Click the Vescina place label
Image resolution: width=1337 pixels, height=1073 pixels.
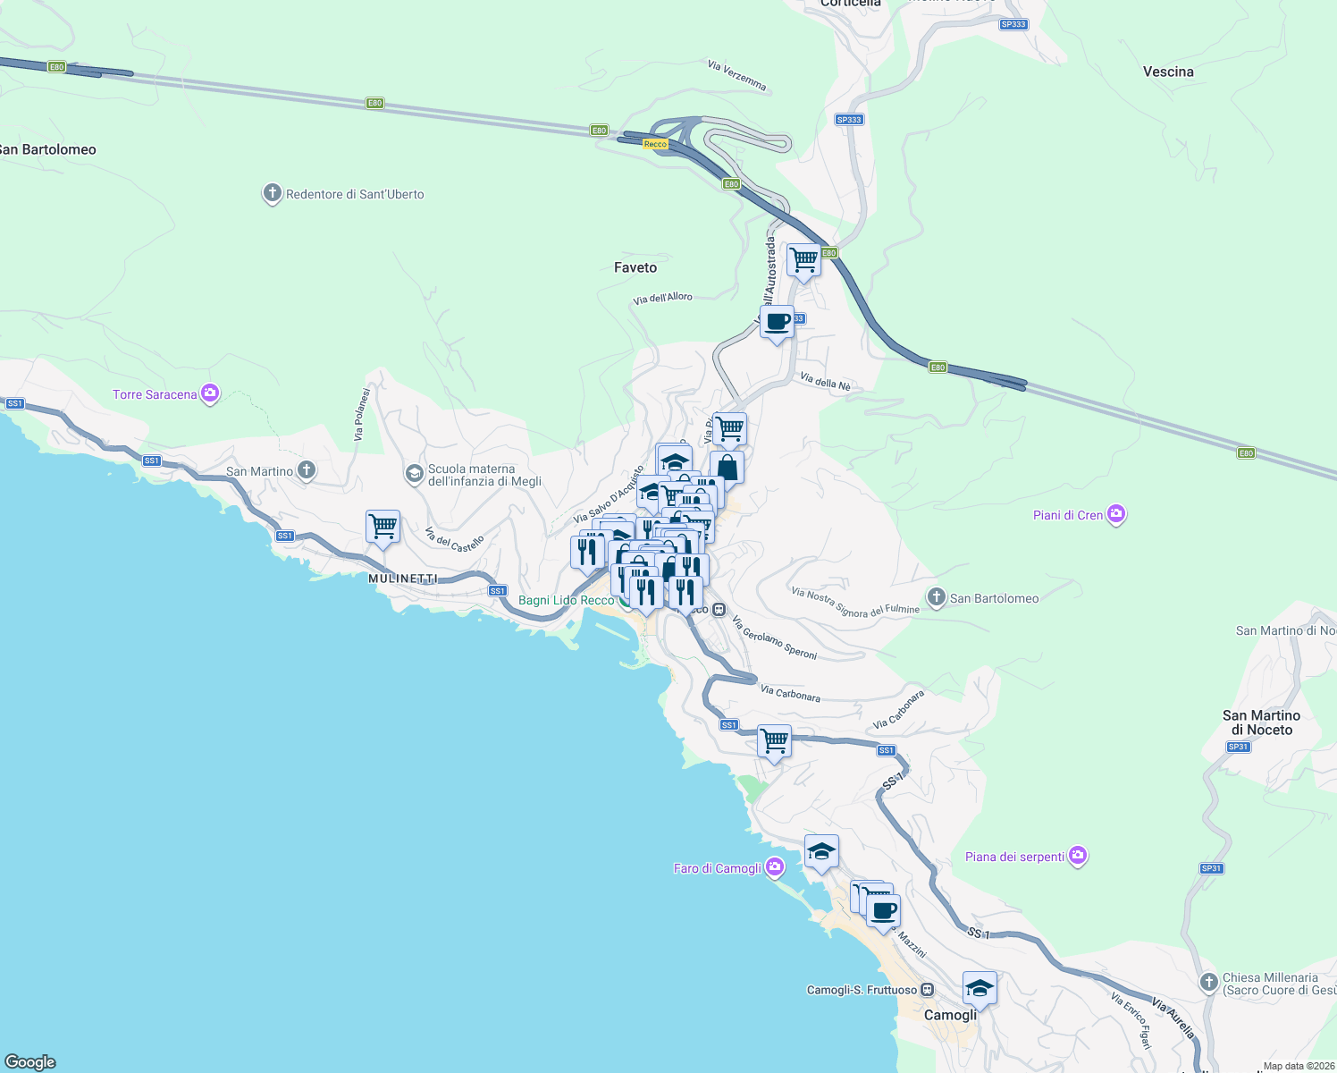(x=1167, y=72)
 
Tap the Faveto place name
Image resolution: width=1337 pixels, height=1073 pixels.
(x=635, y=267)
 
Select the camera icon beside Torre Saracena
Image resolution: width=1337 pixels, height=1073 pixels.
(x=210, y=393)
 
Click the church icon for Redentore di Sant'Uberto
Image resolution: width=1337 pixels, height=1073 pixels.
(x=272, y=193)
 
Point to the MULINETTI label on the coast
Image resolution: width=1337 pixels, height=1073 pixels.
(x=403, y=579)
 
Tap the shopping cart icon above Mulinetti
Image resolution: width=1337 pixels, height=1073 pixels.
(x=383, y=527)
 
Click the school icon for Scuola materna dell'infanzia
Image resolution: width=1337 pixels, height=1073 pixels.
(x=414, y=473)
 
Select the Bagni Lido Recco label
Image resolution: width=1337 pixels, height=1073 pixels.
(x=566, y=600)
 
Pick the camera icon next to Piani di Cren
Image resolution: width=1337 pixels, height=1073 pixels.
(x=1115, y=514)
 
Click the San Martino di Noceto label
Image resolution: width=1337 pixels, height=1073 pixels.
(x=1261, y=722)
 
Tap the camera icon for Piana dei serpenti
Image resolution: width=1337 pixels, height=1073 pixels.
(x=1078, y=856)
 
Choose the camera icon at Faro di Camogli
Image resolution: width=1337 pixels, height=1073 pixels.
(x=775, y=866)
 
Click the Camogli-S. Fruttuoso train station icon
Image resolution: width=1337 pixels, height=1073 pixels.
(x=928, y=990)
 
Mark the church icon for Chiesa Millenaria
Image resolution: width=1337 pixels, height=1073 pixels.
(x=1208, y=983)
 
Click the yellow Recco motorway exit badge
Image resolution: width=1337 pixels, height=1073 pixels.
(x=655, y=144)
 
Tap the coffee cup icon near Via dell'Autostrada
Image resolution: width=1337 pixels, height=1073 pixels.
(x=777, y=322)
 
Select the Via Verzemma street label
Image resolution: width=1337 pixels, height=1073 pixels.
(x=736, y=75)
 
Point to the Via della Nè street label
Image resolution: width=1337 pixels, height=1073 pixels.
(x=825, y=383)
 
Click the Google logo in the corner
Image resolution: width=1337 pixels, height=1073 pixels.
(x=30, y=1061)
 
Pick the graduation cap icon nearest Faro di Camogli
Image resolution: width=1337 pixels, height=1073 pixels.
(x=820, y=852)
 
